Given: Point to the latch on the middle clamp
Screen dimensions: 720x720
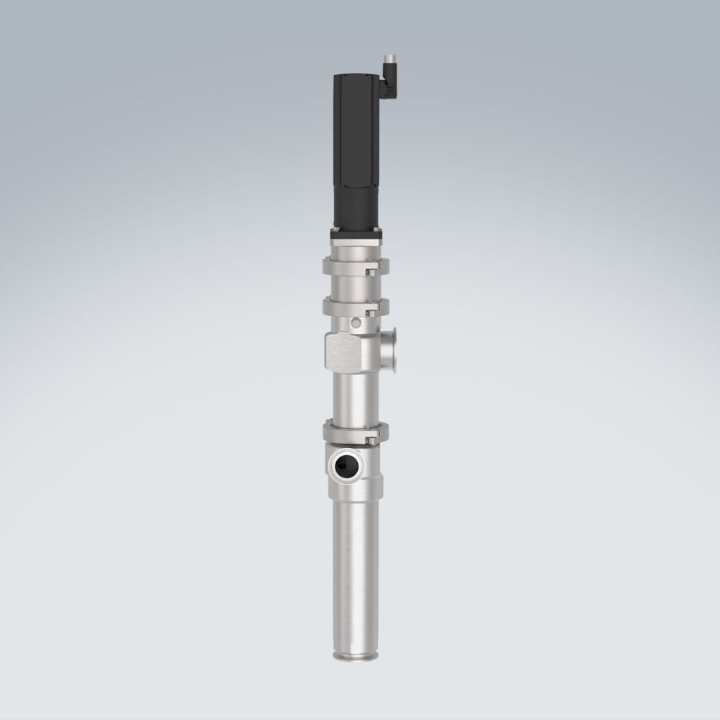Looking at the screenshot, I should [x=372, y=310].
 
